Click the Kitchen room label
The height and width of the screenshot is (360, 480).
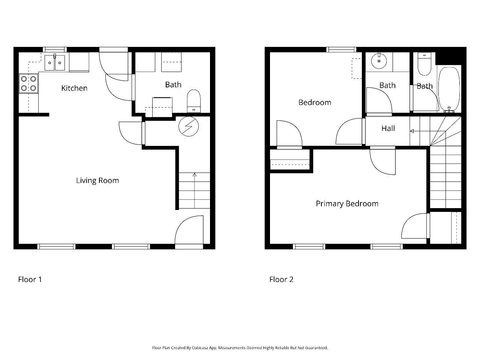pyautogui.click(x=74, y=88)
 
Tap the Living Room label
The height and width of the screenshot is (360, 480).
pyautogui.click(x=97, y=180)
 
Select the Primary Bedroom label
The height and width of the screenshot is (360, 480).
pyautogui.click(x=347, y=204)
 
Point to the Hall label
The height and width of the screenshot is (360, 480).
pyautogui.click(x=388, y=128)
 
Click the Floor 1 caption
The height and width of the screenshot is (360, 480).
pyautogui.click(x=30, y=279)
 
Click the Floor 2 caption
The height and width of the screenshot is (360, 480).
pyautogui.click(x=281, y=279)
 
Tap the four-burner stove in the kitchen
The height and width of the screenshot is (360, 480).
pyautogui.click(x=28, y=84)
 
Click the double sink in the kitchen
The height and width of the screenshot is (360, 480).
pyautogui.click(x=55, y=63)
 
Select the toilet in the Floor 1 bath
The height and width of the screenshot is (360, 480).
pyautogui.click(x=194, y=101)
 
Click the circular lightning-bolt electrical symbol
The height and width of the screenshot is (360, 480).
pyautogui.click(x=189, y=126)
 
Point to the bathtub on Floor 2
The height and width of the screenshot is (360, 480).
pyautogui.click(x=449, y=89)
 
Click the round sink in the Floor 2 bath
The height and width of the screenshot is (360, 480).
pyautogui.click(x=379, y=61)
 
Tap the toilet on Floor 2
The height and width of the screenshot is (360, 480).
pyautogui.click(x=424, y=64)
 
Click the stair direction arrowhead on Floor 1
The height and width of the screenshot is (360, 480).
pyautogui.click(x=194, y=175)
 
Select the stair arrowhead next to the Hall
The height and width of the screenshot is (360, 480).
pyautogui.click(x=412, y=131)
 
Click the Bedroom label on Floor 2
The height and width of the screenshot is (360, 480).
pyautogui.click(x=315, y=102)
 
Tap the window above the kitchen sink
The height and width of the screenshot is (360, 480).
pyautogui.click(x=55, y=49)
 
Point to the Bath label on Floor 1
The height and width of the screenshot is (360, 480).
pyautogui.click(x=173, y=85)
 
